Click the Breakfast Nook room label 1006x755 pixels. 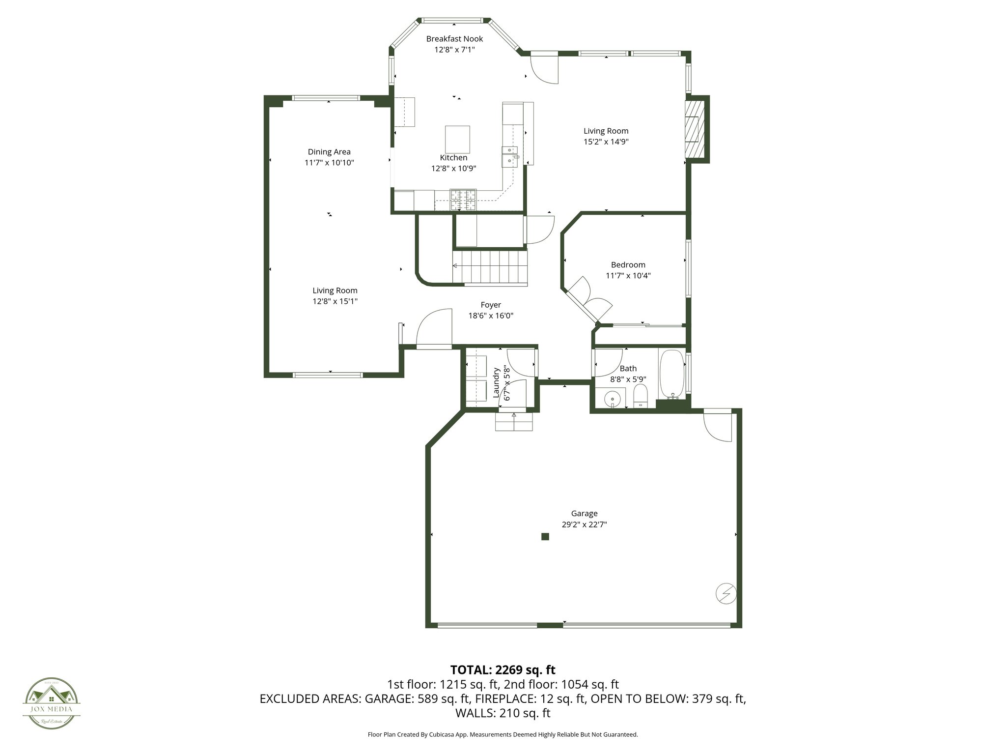pos(454,39)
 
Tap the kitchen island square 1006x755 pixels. pos(457,140)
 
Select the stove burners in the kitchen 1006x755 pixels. pos(463,200)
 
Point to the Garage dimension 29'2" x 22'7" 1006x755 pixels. pos(584,524)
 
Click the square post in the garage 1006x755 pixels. pos(545,536)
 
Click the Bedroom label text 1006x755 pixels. pos(628,265)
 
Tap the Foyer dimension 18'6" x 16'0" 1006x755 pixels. pos(491,316)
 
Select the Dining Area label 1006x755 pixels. pos(329,152)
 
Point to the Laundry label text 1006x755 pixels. pos(497,382)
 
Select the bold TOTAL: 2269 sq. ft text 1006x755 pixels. pos(503,669)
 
